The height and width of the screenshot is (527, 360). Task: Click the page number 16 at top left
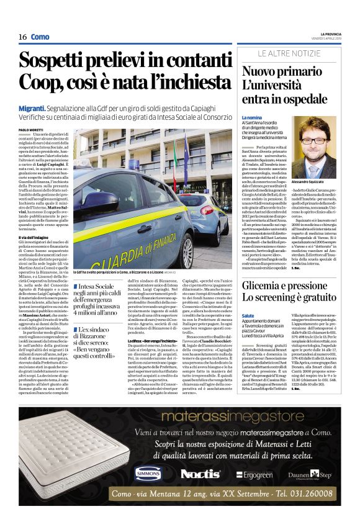pyautogui.click(x=22, y=37)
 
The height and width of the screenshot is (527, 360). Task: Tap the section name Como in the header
pyautogui.click(x=40, y=37)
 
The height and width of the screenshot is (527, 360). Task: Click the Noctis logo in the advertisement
pyautogui.click(x=200, y=474)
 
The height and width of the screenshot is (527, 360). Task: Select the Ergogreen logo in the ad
pyautogui.click(x=253, y=475)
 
